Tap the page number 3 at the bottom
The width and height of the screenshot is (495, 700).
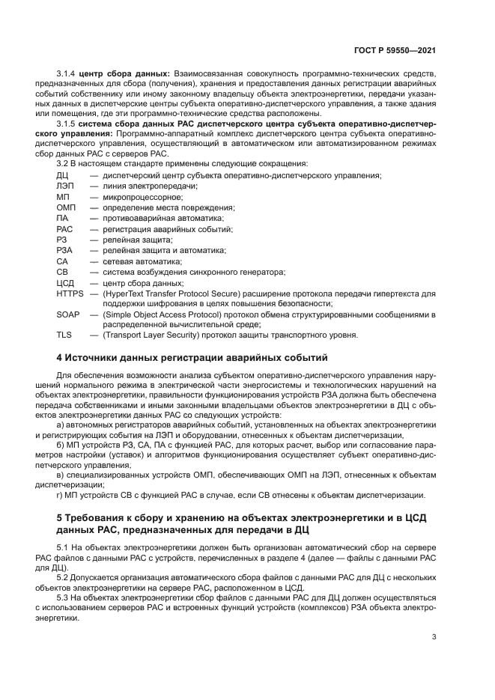tap(434, 637)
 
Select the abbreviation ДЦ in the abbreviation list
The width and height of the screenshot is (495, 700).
tap(62, 175)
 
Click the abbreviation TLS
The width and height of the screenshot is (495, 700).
tap(64, 335)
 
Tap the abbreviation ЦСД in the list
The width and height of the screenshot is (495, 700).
tap(65, 283)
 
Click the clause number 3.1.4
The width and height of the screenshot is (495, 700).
tap(67, 74)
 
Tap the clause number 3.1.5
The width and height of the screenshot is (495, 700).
tap(67, 122)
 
